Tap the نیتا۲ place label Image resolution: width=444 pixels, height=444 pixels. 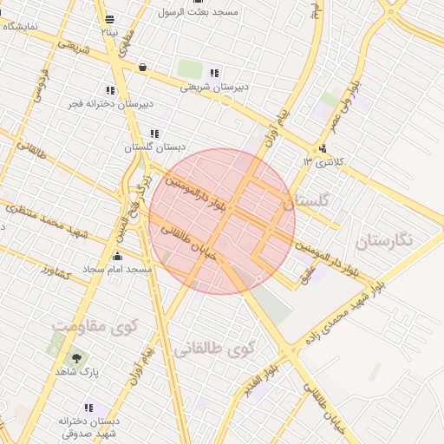(x=108, y=31)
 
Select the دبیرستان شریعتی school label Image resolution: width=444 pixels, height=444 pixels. (x=214, y=87)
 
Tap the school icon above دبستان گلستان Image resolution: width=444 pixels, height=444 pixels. (x=154, y=134)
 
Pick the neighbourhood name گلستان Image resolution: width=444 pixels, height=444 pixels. (x=307, y=201)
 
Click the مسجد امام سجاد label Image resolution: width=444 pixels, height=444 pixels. (x=118, y=270)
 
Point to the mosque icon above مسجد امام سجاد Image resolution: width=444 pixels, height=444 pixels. (x=118, y=256)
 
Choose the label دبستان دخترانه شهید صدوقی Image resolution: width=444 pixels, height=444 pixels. (x=88, y=426)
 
